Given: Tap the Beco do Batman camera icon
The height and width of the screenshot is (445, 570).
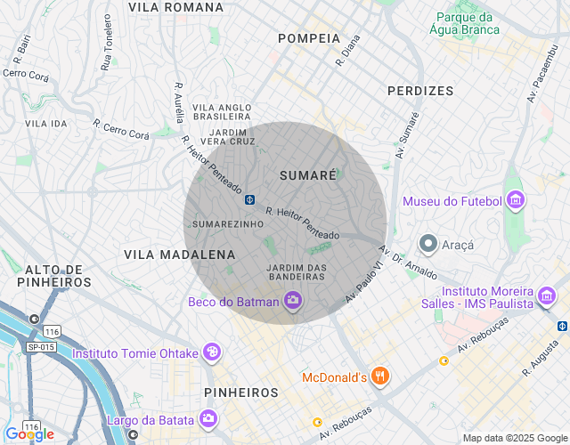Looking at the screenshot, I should point(292,302).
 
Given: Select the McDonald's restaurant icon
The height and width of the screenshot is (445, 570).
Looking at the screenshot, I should point(381,377).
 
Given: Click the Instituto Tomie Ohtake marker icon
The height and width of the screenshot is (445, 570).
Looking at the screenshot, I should point(212,352).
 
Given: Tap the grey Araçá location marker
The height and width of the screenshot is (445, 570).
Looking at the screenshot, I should point(428,243).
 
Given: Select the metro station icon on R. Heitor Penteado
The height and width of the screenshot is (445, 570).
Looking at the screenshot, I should point(251,198).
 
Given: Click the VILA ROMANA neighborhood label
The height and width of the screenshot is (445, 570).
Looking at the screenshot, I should point(175,7).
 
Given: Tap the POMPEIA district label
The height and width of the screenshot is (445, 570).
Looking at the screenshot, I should point(309,38).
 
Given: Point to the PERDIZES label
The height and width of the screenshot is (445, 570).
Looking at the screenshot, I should point(420,91).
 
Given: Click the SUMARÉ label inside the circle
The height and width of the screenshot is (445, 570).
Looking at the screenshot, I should point(308,175).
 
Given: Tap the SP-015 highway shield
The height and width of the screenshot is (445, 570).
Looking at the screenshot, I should point(41,345).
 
